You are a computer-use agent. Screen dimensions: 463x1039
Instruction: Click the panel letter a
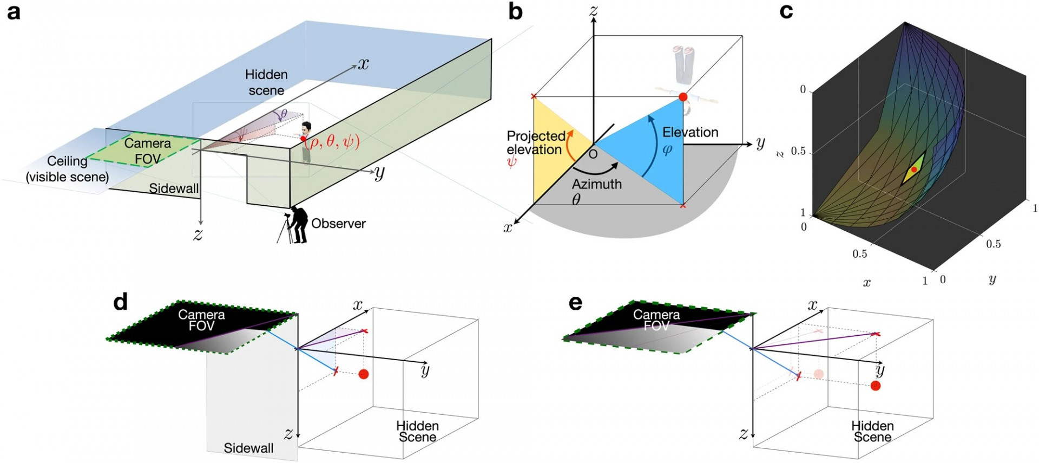(13, 12)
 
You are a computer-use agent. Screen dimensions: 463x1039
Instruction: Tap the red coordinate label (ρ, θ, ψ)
(332, 142)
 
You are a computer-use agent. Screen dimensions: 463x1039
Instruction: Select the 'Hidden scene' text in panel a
(266, 82)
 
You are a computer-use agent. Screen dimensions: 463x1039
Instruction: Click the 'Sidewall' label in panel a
(174, 188)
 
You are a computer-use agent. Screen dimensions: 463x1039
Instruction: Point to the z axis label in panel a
(198, 235)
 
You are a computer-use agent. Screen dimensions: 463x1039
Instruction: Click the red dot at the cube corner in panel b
(683, 97)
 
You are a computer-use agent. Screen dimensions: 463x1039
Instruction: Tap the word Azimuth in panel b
(597, 184)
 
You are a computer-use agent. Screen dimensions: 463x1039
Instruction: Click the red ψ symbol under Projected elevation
(511, 161)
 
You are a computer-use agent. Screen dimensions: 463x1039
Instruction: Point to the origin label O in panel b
(593, 155)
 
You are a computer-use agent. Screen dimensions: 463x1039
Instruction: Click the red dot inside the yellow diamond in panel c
(914, 169)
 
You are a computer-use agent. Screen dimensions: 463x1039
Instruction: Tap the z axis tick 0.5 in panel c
(798, 151)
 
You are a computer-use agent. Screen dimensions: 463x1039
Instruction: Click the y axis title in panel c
(992, 279)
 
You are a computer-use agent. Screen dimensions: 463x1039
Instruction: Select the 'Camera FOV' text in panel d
(201, 320)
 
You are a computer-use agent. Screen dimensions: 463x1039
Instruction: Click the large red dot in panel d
(364, 374)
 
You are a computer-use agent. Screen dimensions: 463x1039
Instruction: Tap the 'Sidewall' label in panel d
(248, 448)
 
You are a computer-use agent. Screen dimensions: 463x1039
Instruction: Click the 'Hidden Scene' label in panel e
(872, 432)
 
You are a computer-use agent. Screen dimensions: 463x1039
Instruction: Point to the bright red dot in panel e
(876, 386)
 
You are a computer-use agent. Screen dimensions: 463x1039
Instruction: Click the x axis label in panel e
(812, 305)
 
